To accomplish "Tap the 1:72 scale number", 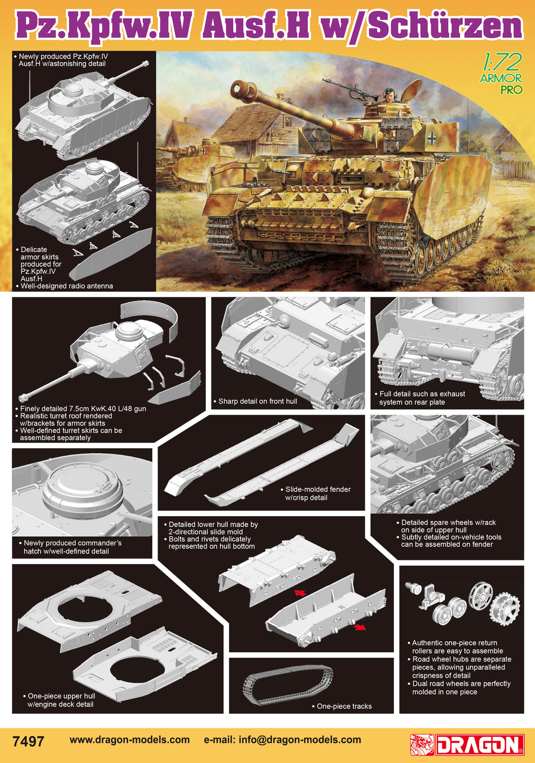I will tap(501, 63).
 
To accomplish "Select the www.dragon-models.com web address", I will tap(129, 740).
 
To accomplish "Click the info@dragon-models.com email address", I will tap(300, 740).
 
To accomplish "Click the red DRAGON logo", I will tap(467, 745).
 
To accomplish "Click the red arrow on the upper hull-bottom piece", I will tap(300, 593).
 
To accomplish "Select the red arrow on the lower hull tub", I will tap(360, 627).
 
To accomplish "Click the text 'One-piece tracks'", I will tap(344, 706).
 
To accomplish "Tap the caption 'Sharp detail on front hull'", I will tap(257, 401).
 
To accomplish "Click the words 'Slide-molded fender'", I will tap(318, 490).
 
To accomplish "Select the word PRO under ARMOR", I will tap(511, 90).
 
